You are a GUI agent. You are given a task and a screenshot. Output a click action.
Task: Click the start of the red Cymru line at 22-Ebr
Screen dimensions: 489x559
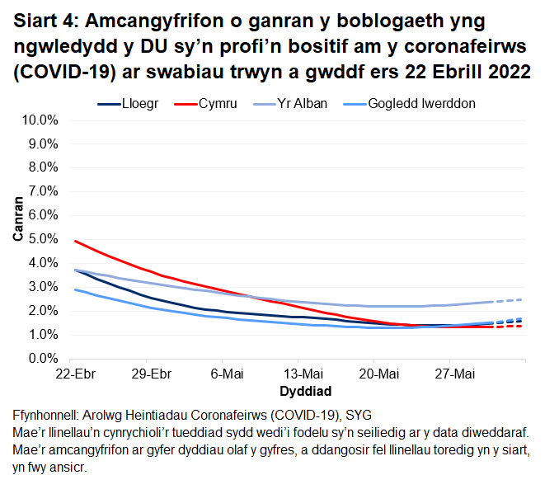coord(75,241)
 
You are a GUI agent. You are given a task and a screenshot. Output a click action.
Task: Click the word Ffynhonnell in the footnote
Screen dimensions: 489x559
coord(52,414)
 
